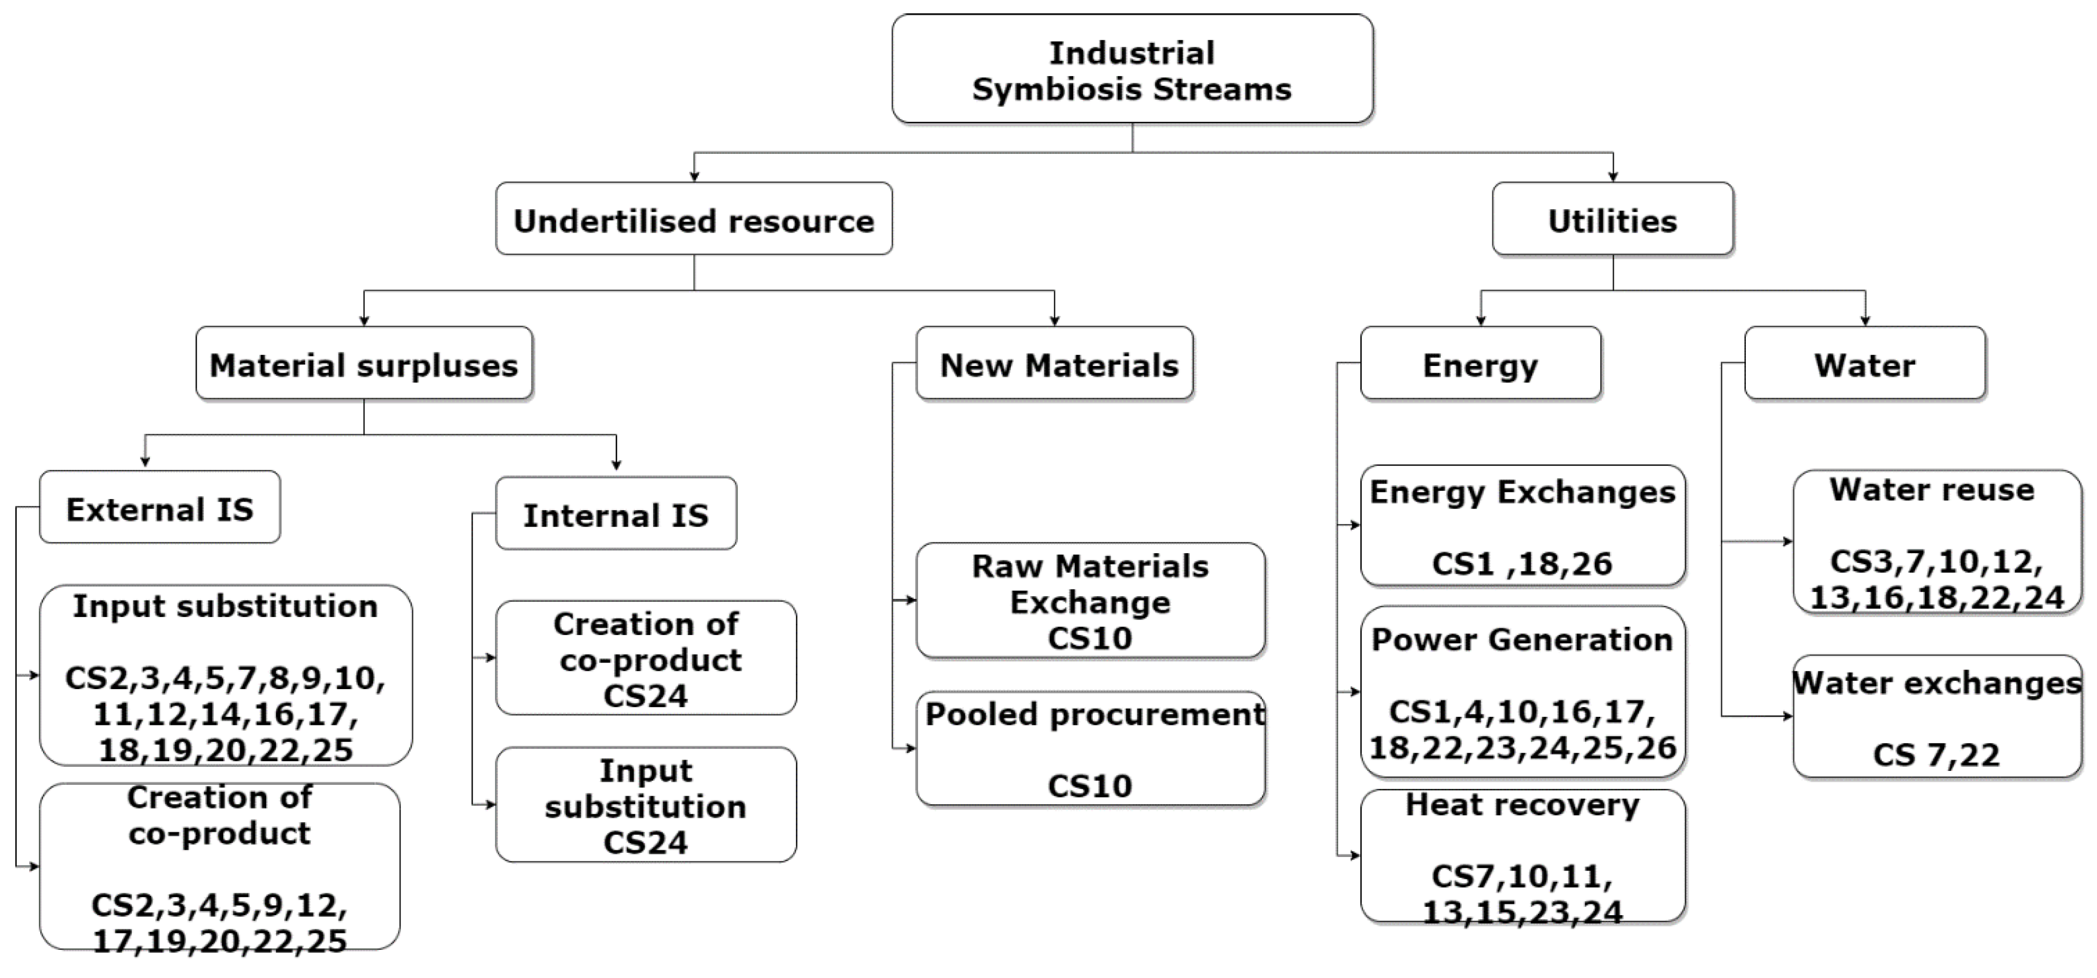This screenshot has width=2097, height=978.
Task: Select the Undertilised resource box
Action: click(x=694, y=219)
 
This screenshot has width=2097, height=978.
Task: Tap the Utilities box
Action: click(x=1612, y=219)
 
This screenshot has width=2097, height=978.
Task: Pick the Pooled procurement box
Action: click(x=1090, y=748)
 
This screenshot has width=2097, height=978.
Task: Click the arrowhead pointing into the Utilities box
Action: click(x=1612, y=176)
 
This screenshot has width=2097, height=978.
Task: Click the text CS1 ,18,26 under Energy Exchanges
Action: click(x=1522, y=563)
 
